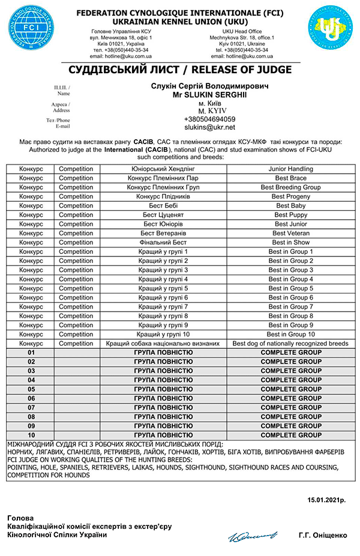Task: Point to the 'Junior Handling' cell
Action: pos(290,169)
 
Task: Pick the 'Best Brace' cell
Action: pos(290,178)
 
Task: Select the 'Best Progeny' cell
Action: pos(290,196)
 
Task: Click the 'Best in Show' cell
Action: pos(290,243)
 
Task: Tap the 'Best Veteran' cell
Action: pos(290,233)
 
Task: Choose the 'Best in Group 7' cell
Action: pos(290,307)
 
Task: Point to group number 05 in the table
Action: pos(31,389)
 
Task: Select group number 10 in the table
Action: pos(31,435)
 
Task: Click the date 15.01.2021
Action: pos(326,500)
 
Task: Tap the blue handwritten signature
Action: pos(252,533)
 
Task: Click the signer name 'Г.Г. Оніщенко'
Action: pos(322,534)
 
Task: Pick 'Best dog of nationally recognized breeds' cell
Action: pos(290,343)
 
